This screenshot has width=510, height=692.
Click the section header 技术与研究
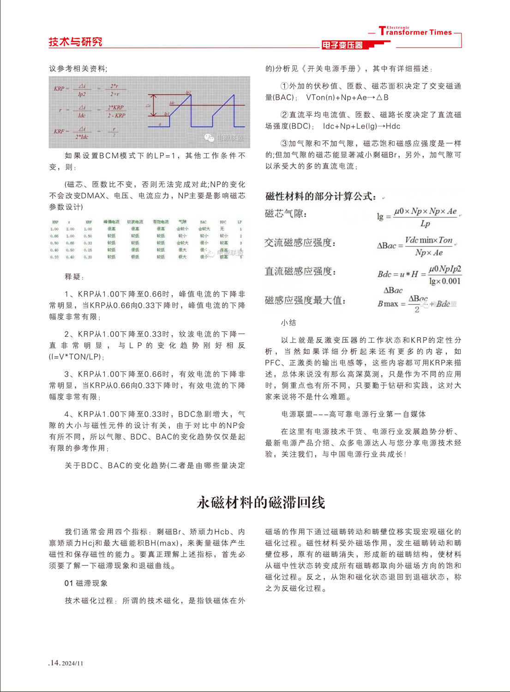pyautogui.click(x=75, y=42)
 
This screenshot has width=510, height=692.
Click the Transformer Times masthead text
pyautogui.click(x=415, y=32)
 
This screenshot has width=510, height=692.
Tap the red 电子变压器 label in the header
pyautogui.click(x=342, y=45)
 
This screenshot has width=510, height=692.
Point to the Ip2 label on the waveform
pyautogui.click(x=188, y=93)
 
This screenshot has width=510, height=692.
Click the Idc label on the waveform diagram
pyautogui.click(x=172, y=103)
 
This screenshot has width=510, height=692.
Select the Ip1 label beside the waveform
pyautogui.click(x=167, y=113)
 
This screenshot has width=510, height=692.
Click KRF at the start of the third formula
pyautogui.click(x=59, y=131)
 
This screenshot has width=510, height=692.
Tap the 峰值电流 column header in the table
pyautogui.click(x=111, y=222)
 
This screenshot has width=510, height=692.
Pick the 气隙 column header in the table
pyautogui.click(x=182, y=222)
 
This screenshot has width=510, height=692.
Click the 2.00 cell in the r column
pyautogui.click(x=70, y=229)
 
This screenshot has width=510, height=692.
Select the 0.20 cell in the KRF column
pyautogui.click(x=88, y=257)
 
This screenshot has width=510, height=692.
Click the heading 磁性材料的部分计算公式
pyautogui.click(x=320, y=197)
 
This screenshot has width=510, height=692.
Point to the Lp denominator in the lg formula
pyautogui.click(x=425, y=223)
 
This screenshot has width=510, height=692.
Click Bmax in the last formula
pyautogui.click(x=387, y=304)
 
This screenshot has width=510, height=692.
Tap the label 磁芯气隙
pyautogui.click(x=286, y=214)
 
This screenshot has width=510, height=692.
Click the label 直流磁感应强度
pyautogui.click(x=300, y=272)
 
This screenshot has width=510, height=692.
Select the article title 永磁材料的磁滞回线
pyautogui.click(x=261, y=502)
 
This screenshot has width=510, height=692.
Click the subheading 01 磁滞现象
pyautogui.click(x=86, y=583)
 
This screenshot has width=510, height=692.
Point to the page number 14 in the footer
pyautogui.click(x=55, y=663)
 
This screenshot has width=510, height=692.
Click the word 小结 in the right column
pyautogui.click(x=288, y=323)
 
